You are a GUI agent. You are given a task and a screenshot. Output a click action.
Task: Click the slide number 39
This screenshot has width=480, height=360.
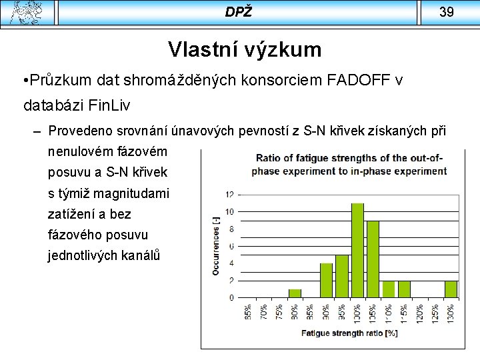(447, 12)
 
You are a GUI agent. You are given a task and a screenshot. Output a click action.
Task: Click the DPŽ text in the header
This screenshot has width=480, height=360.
(238, 12)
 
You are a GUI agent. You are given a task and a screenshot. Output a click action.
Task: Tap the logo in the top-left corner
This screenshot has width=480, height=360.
(25, 12)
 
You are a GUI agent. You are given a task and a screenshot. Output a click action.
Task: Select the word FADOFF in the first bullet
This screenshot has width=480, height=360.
(359, 81)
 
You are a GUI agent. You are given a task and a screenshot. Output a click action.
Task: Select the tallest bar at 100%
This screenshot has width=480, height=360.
(357, 250)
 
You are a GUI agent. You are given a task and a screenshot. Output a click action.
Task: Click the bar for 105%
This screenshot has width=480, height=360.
(373, 259)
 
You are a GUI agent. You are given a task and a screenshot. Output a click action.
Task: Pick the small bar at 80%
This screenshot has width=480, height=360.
(295, 293)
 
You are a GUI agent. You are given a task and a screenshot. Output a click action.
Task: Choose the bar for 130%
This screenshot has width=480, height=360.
(451, 289)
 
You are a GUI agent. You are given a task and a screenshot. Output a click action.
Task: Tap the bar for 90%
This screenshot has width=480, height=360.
(326, 280)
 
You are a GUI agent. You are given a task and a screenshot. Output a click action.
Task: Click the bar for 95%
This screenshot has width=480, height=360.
(341, 276)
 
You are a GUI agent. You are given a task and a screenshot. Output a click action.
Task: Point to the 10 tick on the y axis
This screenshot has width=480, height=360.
(230, 212)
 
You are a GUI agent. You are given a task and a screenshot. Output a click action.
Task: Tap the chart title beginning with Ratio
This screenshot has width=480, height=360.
(349, 165)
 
